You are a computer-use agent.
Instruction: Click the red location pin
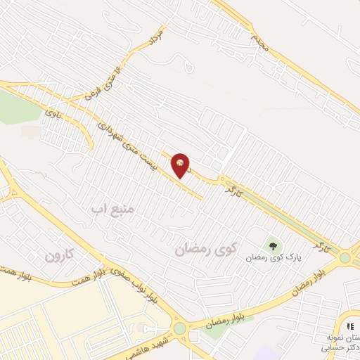pos(181,165)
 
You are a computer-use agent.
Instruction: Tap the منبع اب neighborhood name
pos(117,208)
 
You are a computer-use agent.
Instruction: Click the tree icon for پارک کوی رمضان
pos(272,246)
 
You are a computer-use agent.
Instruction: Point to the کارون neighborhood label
pos(59,255)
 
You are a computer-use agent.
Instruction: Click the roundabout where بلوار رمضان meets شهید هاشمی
pos(179,328)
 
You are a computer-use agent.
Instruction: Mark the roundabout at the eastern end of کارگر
pos(345,258)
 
